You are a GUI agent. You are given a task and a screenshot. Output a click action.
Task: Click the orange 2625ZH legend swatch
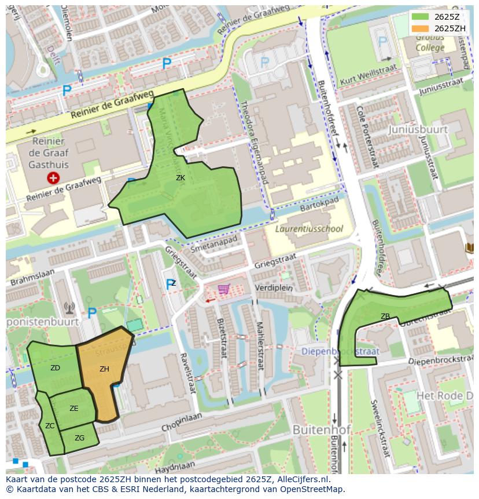[421, 28]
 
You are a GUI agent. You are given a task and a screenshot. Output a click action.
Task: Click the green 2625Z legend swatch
[421, 17]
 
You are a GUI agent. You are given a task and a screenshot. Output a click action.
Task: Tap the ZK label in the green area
[180, 178]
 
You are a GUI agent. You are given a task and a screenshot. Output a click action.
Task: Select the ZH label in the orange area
[104, 369]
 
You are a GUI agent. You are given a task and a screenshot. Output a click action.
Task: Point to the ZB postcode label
[385, 316]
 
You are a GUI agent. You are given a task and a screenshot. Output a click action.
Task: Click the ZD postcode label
[55, 368]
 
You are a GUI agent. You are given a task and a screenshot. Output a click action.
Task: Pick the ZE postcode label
[74, 409]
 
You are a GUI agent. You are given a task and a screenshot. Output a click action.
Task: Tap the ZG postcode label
[80, 438]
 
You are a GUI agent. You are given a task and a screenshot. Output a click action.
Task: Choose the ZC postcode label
[50, 426]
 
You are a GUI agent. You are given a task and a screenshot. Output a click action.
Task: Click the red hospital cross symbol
[53, 178]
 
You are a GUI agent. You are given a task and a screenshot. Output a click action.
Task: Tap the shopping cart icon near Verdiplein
[223, 289]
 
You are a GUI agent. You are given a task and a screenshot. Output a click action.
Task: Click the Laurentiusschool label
[308, 229]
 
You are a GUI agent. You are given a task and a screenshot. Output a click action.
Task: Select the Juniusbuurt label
[418, 129]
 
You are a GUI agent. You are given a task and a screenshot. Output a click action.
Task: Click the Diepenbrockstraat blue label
[340, 352]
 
